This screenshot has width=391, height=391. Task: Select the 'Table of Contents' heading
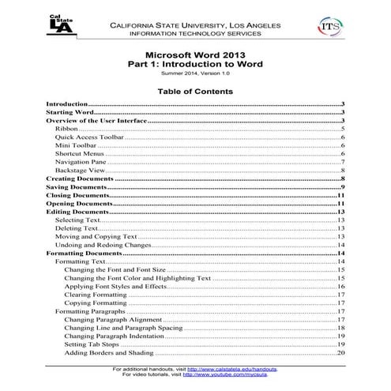[195, 91]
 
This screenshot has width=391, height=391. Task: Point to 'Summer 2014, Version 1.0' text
[195, 73]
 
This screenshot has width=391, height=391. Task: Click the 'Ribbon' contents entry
[66, 127]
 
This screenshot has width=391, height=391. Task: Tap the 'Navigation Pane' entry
[81, 161]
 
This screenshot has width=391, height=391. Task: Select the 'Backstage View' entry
[80, 170]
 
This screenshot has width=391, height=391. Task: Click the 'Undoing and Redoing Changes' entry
[103, 246]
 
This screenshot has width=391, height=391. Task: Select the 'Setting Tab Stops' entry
[92, 344]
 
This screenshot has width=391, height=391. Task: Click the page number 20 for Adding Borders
[341, 353]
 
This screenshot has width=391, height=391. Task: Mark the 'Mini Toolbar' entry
[75, 145]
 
